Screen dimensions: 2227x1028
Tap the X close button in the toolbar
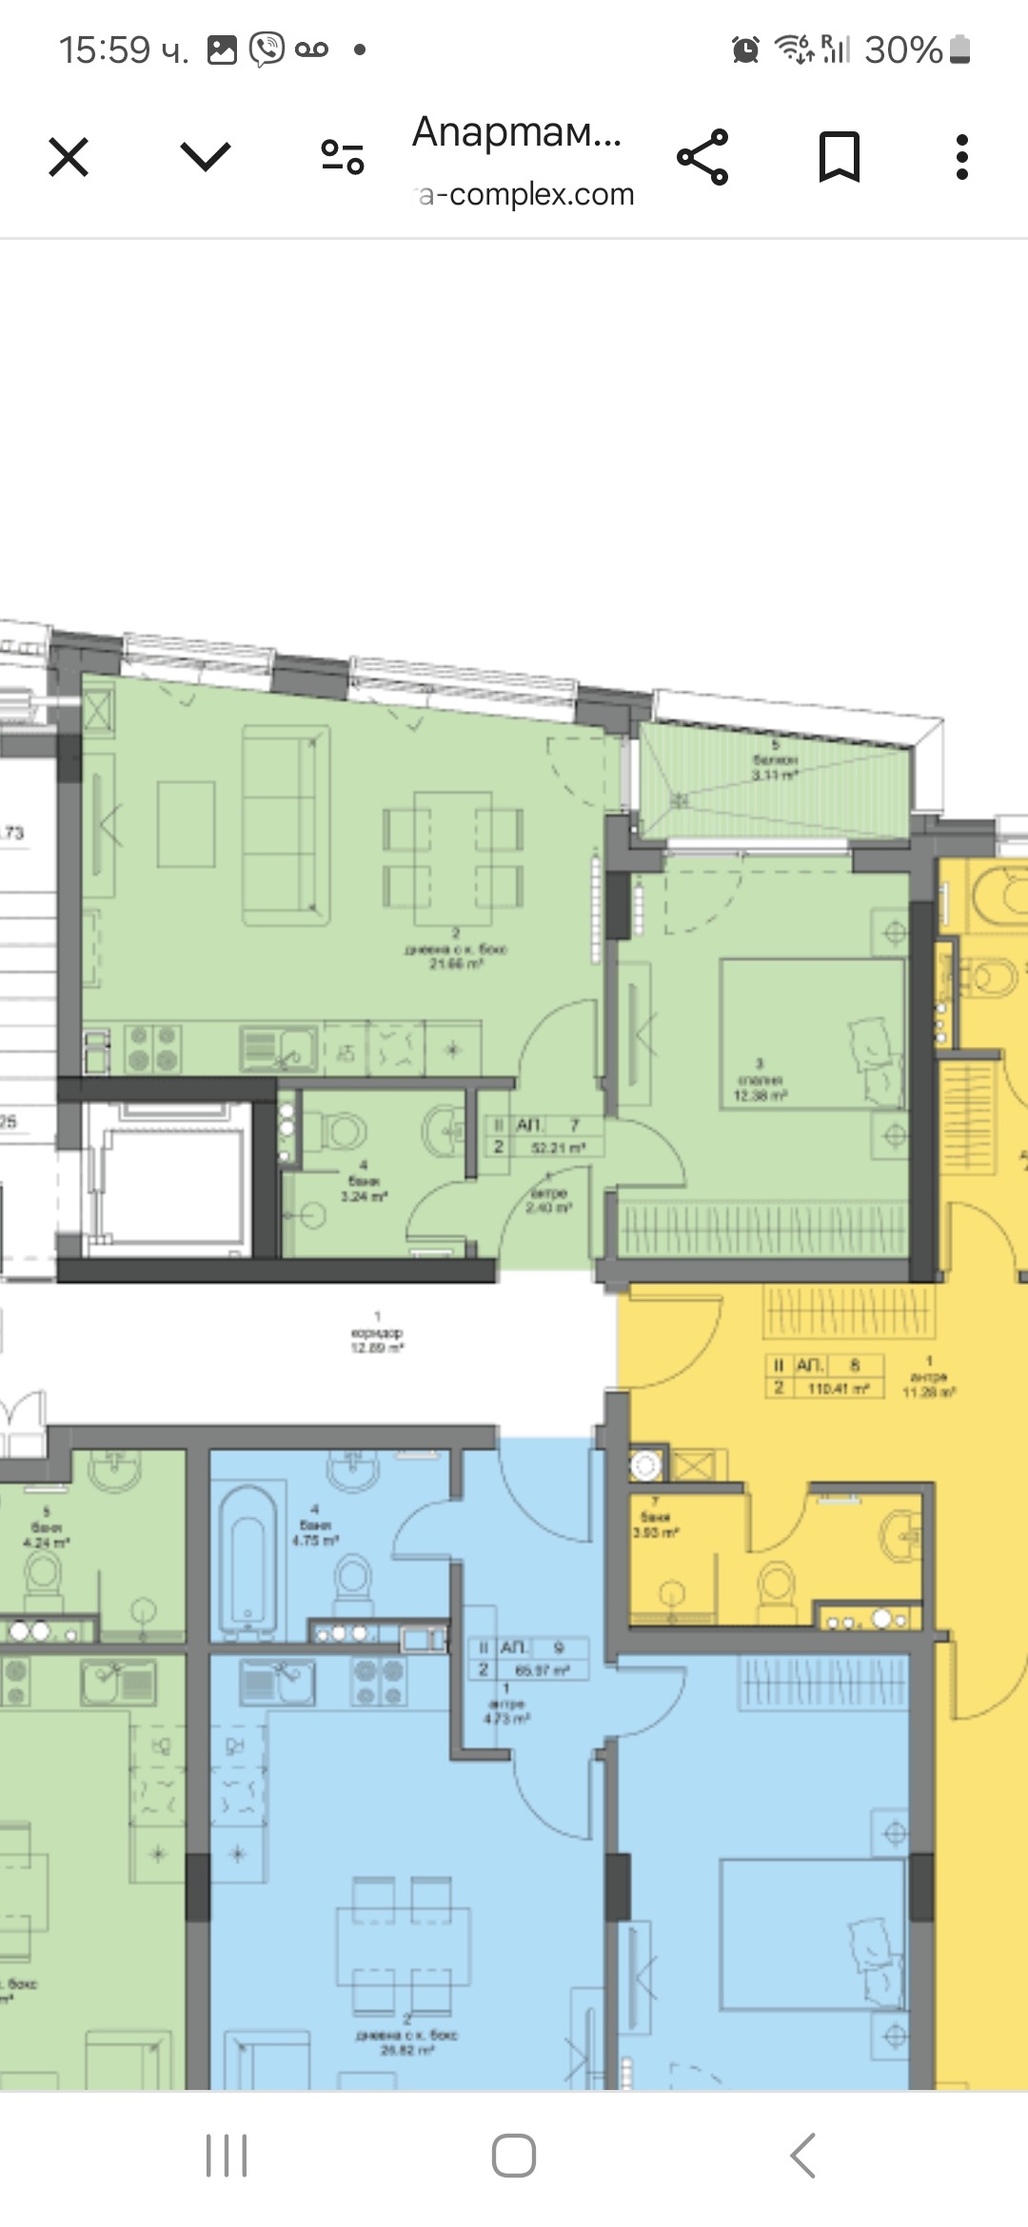69,157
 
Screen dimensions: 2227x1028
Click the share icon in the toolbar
702,157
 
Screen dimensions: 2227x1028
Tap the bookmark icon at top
839,157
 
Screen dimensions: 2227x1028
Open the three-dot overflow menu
961,157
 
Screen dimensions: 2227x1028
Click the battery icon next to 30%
959,49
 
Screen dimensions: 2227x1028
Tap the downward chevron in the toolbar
206,157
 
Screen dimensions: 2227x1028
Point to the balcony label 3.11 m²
774,775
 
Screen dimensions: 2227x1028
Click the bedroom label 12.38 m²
759,1096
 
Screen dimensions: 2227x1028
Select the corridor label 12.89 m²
377,1348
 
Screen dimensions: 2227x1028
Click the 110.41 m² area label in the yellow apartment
838,1389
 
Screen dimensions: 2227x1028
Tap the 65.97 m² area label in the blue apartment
542,1670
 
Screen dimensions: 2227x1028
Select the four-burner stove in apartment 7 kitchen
152,1048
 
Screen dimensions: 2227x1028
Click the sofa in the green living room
286,826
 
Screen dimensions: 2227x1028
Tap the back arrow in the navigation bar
802,2155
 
